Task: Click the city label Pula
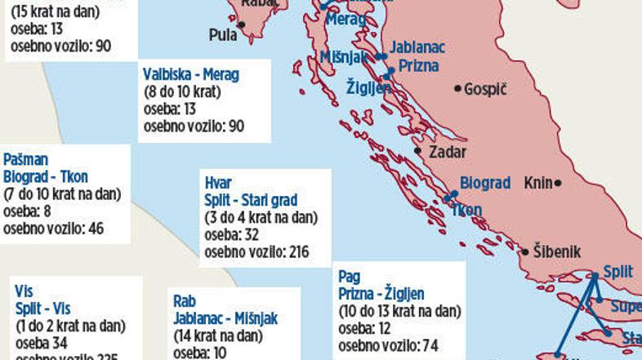click(222, 34)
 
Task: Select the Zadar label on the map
click(447, 152)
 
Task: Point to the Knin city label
click(538, 184)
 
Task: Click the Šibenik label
click(560, 250)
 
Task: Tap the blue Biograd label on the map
click(484, 184)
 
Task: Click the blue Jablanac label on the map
click(418, 47)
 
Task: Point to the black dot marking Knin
click(558, 184)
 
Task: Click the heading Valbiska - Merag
click(191, 75)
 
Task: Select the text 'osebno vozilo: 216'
click(256, 251)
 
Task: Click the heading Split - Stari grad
click(251, 200)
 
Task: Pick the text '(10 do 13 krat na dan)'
click(399, 311)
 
